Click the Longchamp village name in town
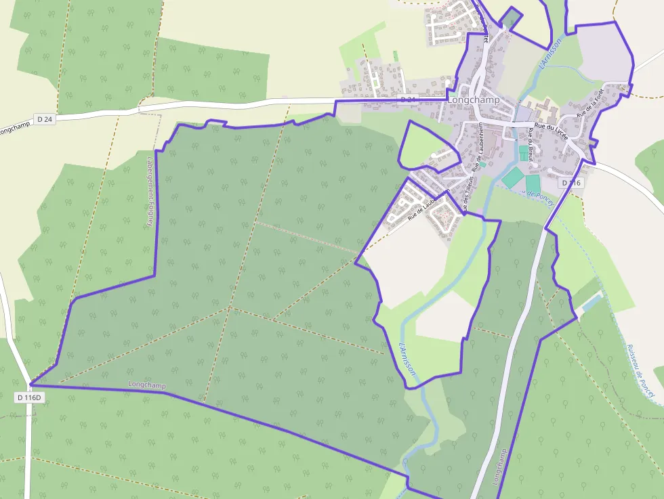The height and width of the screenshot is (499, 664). click(x=474, y=100)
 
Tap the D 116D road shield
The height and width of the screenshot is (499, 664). click(x=30, y=398)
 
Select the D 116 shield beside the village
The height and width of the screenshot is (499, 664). click(x=571, y=183)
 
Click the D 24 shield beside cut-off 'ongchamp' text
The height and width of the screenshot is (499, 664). click(x=45, y=120)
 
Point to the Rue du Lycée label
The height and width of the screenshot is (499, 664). click(x=551, y=127)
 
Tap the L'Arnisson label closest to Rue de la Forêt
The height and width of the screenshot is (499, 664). click(x=550, y=53)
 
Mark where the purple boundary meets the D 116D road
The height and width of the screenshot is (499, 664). click(x=30, y=385)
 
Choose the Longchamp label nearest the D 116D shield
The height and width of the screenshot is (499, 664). click(x=146, y=385)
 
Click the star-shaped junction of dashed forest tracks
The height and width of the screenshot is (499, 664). click(x=230, y=307)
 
